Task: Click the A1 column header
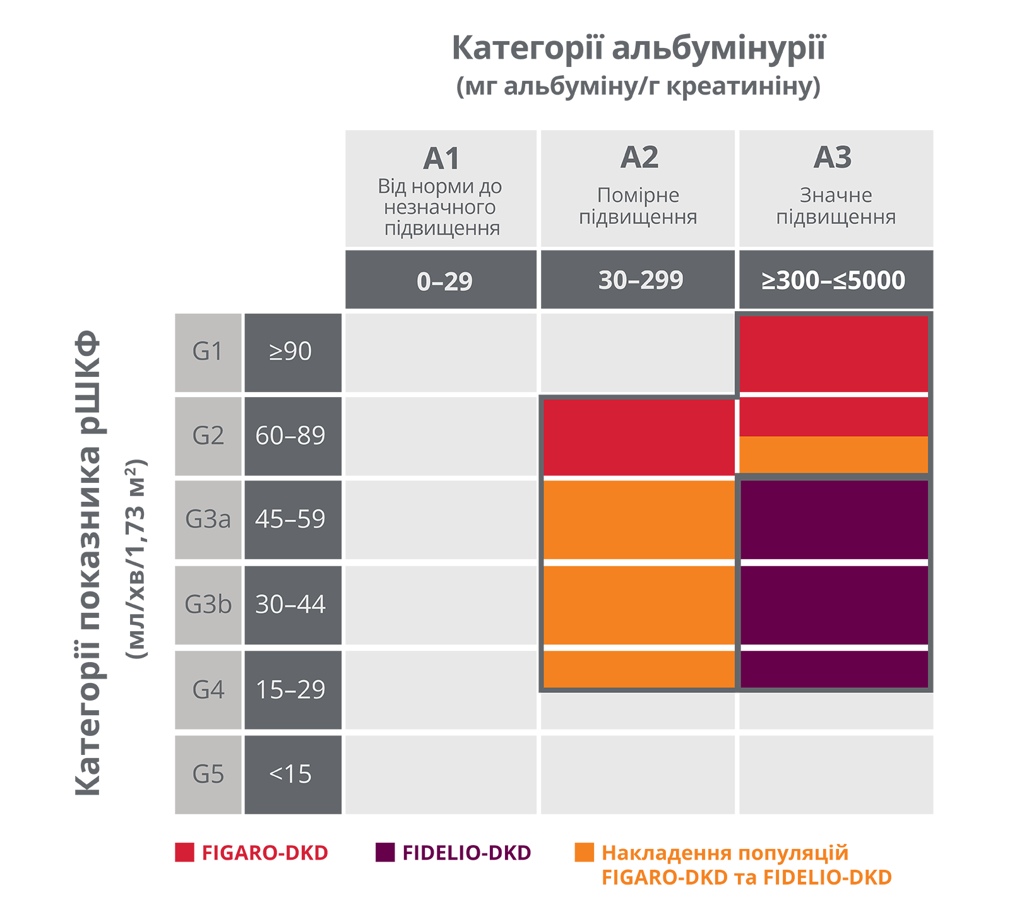click(x=441, y=158)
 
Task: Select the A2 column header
click(x=639, y=157)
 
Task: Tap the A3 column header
click(x=833, y=157)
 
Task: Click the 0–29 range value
click(x=444, y=282)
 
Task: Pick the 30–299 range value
click(x=641, y=280)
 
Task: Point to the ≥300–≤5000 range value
click(x=833, y=280)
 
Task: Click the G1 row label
click(x=208, y=351)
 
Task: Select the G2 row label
click(x=208, y=436)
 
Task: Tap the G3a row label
click(x=208, y=519)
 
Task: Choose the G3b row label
click(x=208, y=605)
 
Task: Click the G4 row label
click(x=208, y=689)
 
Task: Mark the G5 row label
click(x=208, y=774)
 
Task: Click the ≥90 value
click(x=290, y=351)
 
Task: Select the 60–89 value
click(x=290, y=436)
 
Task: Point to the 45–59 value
click(x=290, y=519)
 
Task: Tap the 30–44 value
click(x=290, y=605)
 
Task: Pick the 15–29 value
click(x=290, y=689)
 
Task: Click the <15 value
click(x=290, y=774)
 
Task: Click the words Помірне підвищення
click(x=638, y=206)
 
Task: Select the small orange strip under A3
click(x=833, y=454)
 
